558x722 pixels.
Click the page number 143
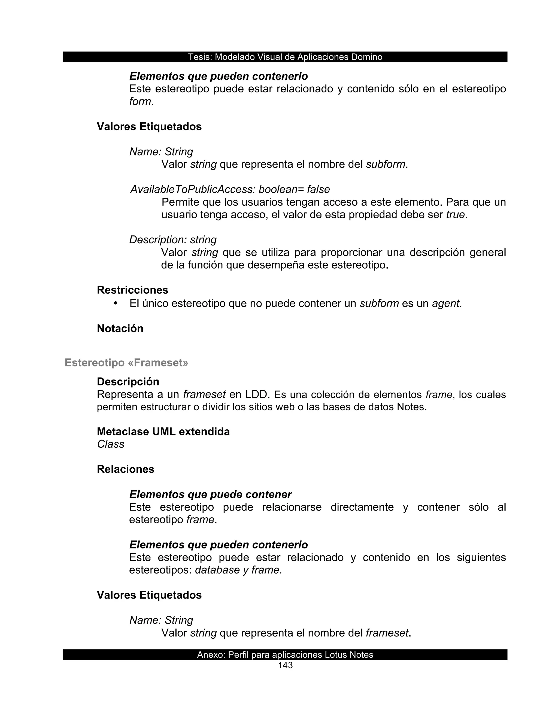pyautogui.click(x=285, y=665)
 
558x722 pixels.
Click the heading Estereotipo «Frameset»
pyautogui.click(x=126, y=363)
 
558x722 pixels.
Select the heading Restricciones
pyautogui.click(x=133, y=290)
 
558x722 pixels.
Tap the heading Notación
pyautogui.click(x=120, y=328)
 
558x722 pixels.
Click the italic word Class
pyautogui.click(x=111, y=444)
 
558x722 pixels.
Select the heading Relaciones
pyautogui.click(x=126, y=469)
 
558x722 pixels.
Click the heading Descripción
pyautogui.click(x=128, y=381)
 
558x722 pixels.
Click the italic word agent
pyautogui.click(x=445, y=304)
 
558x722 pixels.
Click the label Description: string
pyautogui.click(x=173, y=240)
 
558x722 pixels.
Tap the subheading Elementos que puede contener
pyautogui.click(x=210, y=494)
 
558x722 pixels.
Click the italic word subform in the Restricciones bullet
pyautogui.click(x=379, y=304)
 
